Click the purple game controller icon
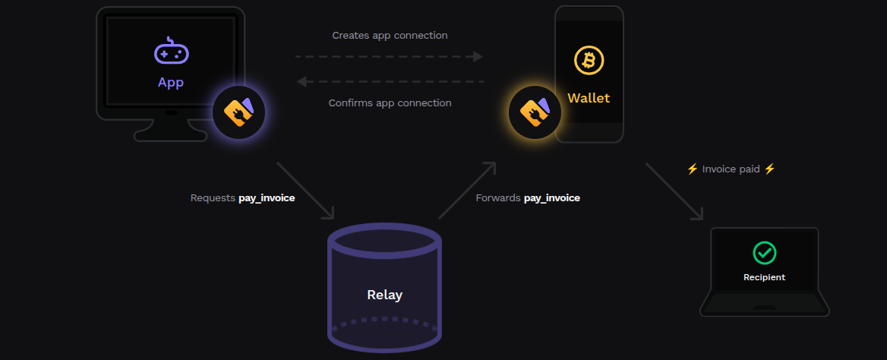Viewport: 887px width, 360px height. pyautogui.click(x=171, y=52)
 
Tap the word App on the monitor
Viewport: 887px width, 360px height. pyautogui.click(x=171, y=82)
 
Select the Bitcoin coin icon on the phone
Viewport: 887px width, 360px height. pyautogui.click(x=589, y=60)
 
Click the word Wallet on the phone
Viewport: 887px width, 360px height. pyautogui.click(x=589, y=98)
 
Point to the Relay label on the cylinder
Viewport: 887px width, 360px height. pyautogui.click(x=384, y=295)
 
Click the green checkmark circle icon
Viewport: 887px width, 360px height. pyautogui.click(x=764, y=253)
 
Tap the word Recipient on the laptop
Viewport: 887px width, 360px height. pyautogui.click(x=764, y=277)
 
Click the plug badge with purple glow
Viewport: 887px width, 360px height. pyautogui.click(x=238, y=112)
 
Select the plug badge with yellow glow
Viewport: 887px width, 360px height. pyautogui.click(x=535, y=112)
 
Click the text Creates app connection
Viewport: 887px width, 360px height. pyautogui.click(x=390, y=36)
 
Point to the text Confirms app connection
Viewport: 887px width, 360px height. pyautogui.click(x=390, y=103)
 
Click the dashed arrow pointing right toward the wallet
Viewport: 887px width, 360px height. pyautogui.click(x=389, y=57)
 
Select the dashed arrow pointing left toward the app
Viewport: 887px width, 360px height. pyautogui.click(x=389, y=81)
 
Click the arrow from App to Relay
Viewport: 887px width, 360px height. pyautogui.click(x=305, y=190)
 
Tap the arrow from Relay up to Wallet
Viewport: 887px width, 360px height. pyautogui.click(x=467, y=190)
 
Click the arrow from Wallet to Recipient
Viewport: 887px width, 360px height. pyautogui.click(x=674, y=191)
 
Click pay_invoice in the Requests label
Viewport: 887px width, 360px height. pyautogui.click(x=267, y=198)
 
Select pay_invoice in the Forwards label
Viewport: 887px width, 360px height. pyautogui.click(x=552, y=198)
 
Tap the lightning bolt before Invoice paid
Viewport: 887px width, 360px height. pyautogui.click(x=692, y=169)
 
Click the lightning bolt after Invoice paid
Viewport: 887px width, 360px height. pyautogui.click(x=769, y=169)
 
